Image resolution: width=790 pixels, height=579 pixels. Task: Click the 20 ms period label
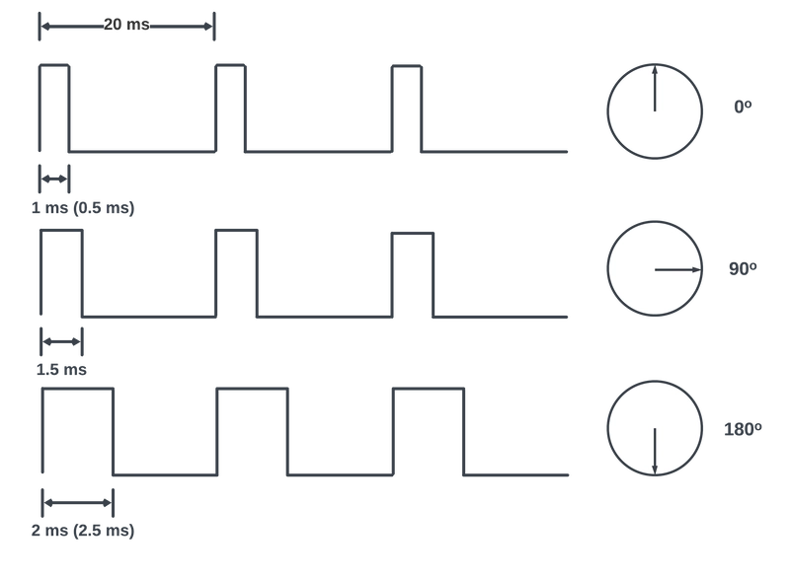tap(126, 24)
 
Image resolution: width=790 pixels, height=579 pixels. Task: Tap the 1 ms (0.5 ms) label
tap(83, 208)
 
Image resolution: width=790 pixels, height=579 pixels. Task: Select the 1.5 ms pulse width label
tap(61, 370)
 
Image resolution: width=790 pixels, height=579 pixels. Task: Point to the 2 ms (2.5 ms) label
tap(83, 531)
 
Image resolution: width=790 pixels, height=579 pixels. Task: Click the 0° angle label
tap(743, 107)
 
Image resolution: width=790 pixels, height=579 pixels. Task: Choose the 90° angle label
tap(743, 268)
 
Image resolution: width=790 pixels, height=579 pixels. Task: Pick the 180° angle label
tap(743, 429)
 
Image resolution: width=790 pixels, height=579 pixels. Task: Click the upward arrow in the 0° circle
tap(655, 89)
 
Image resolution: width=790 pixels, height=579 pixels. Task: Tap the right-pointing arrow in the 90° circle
tap(678, 269)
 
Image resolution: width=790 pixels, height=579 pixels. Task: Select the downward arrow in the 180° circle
tap(655, 451)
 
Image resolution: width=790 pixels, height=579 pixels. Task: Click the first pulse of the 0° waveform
tap(54, 65)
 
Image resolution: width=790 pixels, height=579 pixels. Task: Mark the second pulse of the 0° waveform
tap(231, 65)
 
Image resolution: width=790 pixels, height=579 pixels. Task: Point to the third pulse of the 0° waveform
tap(407, 65)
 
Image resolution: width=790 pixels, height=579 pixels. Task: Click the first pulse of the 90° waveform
tap(61, 231)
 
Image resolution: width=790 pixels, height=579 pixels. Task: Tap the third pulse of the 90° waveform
tap(413, 233)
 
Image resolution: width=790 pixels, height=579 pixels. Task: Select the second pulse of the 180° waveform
tap(253, 389)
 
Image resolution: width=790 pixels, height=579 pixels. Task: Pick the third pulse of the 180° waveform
tap(429, 389)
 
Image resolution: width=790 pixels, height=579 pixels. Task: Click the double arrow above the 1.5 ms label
tap(61, 341)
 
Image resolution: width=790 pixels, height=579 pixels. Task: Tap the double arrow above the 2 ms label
tap(78, 502)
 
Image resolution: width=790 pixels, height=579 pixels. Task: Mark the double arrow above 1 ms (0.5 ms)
tap(54, 179)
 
